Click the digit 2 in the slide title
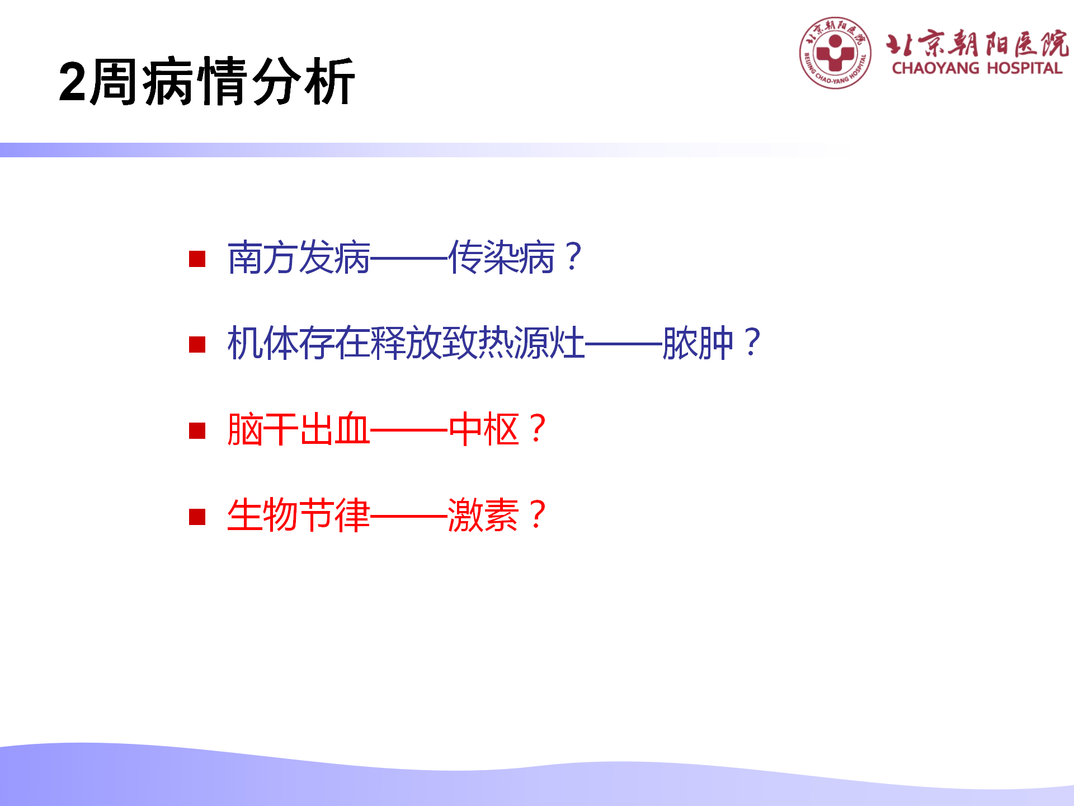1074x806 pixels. click(73, 82)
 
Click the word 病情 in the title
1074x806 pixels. click(195, 82)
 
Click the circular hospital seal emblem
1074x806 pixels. click(835, 53)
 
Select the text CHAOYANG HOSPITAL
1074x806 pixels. click(977, 68)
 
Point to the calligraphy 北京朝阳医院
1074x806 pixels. click(977, 43)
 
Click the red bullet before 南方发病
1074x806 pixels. click(197, 259)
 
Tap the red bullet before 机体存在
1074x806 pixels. click(197, 344)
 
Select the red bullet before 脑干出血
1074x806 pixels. click(197, 430)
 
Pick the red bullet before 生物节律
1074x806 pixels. click(197, 517)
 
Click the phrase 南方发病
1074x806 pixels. click(299, 257)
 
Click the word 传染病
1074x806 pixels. click(502, 257)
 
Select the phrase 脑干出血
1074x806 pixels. click(299, 429)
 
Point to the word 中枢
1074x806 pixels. click(484, 429)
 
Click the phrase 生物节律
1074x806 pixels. click(299, 515)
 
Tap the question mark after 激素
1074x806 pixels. click(538, 515)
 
